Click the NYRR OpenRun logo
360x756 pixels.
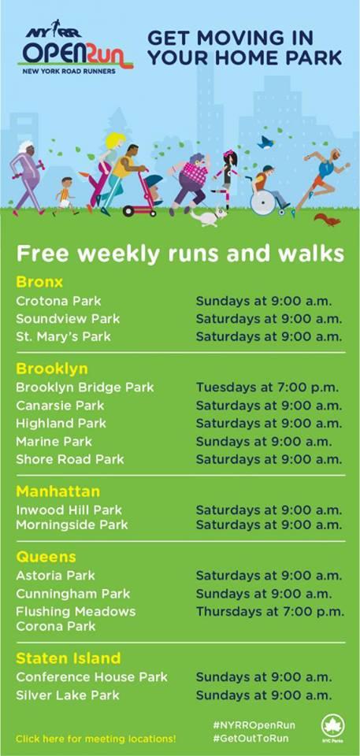point(76,48)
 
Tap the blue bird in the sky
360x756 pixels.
point(266,143)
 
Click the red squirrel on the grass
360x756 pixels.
point(328,220)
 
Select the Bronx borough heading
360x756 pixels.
point(39,282)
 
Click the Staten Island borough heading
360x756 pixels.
point(68,658)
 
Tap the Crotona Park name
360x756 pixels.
point(58,301)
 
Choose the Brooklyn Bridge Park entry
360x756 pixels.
point(85,387)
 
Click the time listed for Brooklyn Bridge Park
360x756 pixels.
point(267,387)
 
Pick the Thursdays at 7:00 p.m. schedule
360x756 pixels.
point(269,612)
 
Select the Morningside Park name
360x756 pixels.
point(72,524)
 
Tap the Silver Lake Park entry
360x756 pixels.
point(68,695)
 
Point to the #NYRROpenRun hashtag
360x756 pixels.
point(254,725)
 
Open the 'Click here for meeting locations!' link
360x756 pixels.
point(96,739)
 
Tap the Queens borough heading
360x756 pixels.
point(46,558)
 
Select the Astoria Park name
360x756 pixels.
point(55,575)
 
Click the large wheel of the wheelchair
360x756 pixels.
point(263,203)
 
